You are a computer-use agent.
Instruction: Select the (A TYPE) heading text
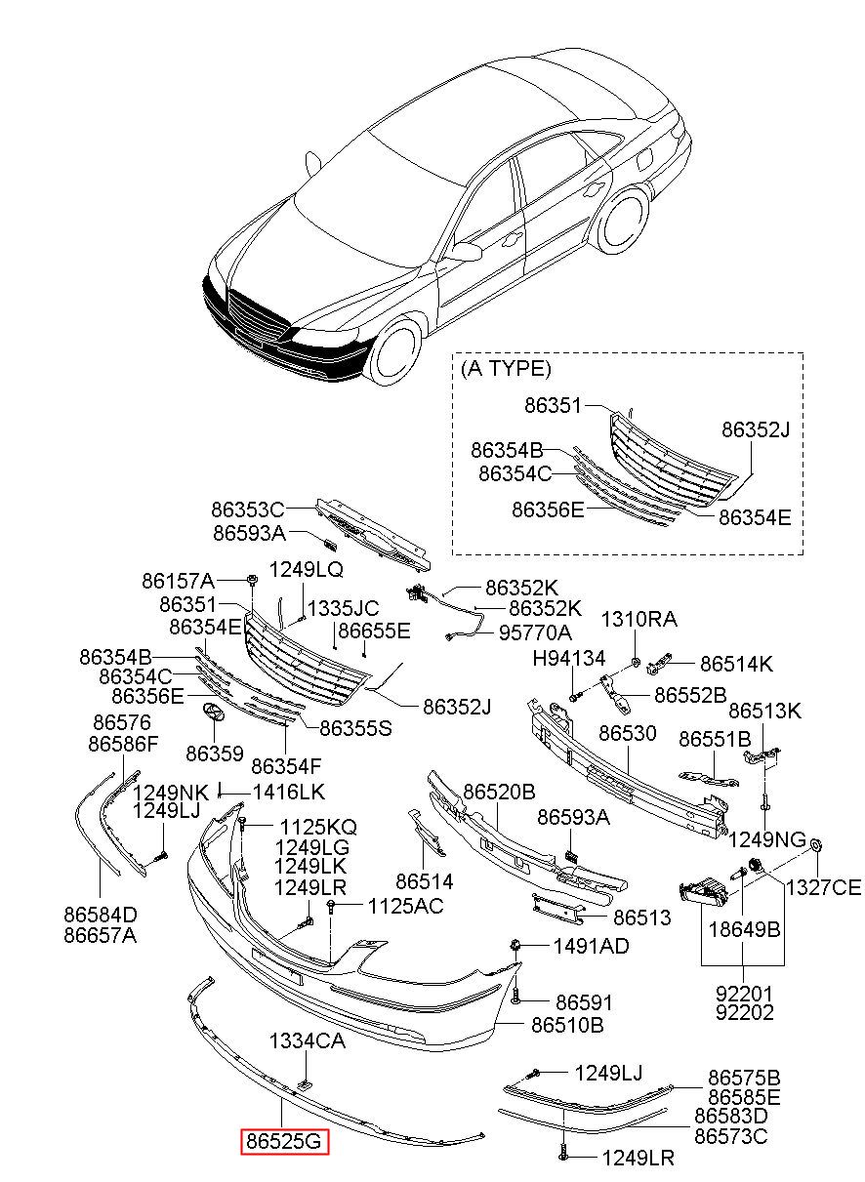pos(506,368)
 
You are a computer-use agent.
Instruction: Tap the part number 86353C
pos(247,509)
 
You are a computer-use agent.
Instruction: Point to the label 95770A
pos(535,632)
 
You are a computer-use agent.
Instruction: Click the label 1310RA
pos(638,619)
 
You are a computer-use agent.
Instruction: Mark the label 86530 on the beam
pos(628,732)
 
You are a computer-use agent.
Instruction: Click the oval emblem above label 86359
pos(213,713)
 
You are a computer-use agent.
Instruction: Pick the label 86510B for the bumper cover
pos(567,1025)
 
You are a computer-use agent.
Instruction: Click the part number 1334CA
pos(308,1041)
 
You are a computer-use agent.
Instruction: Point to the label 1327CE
pos(825,886)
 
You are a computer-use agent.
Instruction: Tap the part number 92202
pos(744,1013)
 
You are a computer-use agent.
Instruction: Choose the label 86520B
pos(499,792)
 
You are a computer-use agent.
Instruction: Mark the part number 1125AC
pos(405,906)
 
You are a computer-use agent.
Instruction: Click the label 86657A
pos(101,935)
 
